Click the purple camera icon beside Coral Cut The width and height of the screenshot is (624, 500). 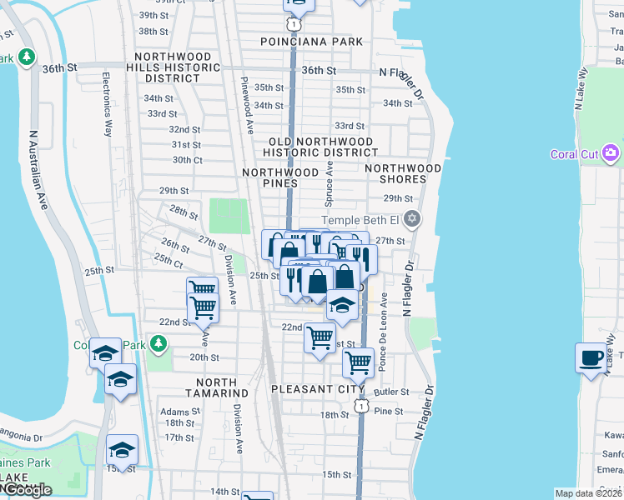(x=611, y=153)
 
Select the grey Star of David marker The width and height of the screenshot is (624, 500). (x=411, y=220)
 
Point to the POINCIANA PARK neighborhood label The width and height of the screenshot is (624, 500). (x=312, y=42)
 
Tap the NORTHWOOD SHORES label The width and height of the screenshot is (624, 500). (x=403, y=173)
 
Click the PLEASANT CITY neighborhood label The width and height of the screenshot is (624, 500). (x=318, y=389)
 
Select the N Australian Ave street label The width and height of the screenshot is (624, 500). (x=38, y=170)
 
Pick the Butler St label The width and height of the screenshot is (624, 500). (x=391, y=392)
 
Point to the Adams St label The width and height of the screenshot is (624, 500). (x=179, y=412)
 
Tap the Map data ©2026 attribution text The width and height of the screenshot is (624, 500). (x=587, y=493)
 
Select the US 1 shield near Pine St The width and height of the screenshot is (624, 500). (x=360, y=405)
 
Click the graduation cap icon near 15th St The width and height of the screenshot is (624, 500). (x=122, y=450)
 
